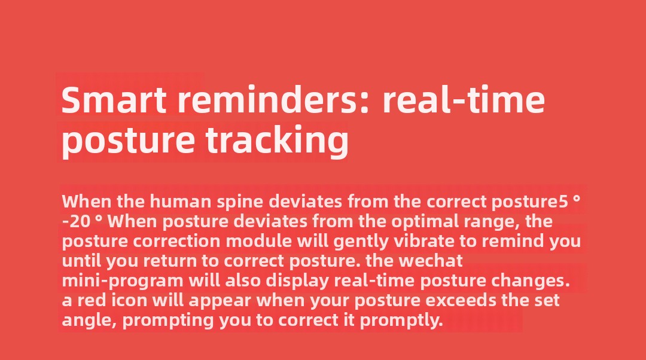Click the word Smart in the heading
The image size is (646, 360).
114,100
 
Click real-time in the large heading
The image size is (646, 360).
464,100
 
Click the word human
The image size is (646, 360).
181,202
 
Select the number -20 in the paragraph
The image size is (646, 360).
76,222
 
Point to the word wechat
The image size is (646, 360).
431,261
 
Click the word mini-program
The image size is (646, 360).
123,281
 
